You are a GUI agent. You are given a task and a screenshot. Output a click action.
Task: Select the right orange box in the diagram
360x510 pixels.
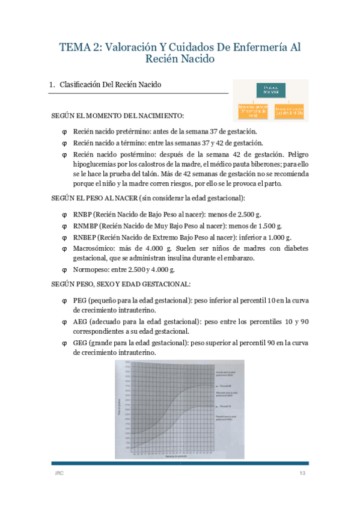coord(289,110)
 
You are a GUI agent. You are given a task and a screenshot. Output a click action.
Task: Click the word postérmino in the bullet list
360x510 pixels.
coord(127,154)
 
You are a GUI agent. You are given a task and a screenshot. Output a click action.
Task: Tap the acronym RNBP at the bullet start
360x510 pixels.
coord(83,215)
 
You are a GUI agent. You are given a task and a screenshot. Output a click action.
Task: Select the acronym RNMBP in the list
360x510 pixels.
coord(85,226)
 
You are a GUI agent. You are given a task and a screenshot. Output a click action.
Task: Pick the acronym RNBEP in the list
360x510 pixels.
coord(85,237)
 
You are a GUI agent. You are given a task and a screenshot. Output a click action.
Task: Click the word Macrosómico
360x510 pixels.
coord(94,248)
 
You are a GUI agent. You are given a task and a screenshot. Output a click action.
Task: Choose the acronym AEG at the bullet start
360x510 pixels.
coord(80,322)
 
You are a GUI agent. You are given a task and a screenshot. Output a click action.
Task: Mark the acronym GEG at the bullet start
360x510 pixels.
coord(80,343)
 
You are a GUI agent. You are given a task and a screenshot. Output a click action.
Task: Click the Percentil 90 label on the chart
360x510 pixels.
coord(226,384)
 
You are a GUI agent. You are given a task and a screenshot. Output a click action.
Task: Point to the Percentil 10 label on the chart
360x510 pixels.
coord(226,407)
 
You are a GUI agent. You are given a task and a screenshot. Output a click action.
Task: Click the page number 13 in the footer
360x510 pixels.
coord(303,475)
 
